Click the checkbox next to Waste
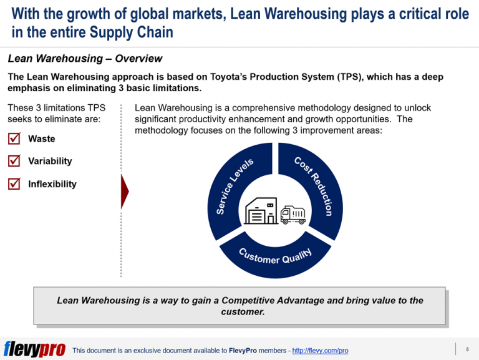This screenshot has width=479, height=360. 14,139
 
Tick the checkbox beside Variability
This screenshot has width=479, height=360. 14,161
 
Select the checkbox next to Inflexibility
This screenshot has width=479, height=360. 14,184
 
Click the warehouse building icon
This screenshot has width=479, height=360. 261,212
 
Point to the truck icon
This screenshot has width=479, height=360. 293,215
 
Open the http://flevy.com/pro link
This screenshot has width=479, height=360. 320,351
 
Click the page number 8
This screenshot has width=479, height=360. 467,349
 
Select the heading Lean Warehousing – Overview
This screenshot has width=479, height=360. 85,59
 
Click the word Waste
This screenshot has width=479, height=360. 41,139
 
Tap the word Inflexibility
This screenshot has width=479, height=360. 52,184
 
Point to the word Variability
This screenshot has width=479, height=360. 50,161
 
